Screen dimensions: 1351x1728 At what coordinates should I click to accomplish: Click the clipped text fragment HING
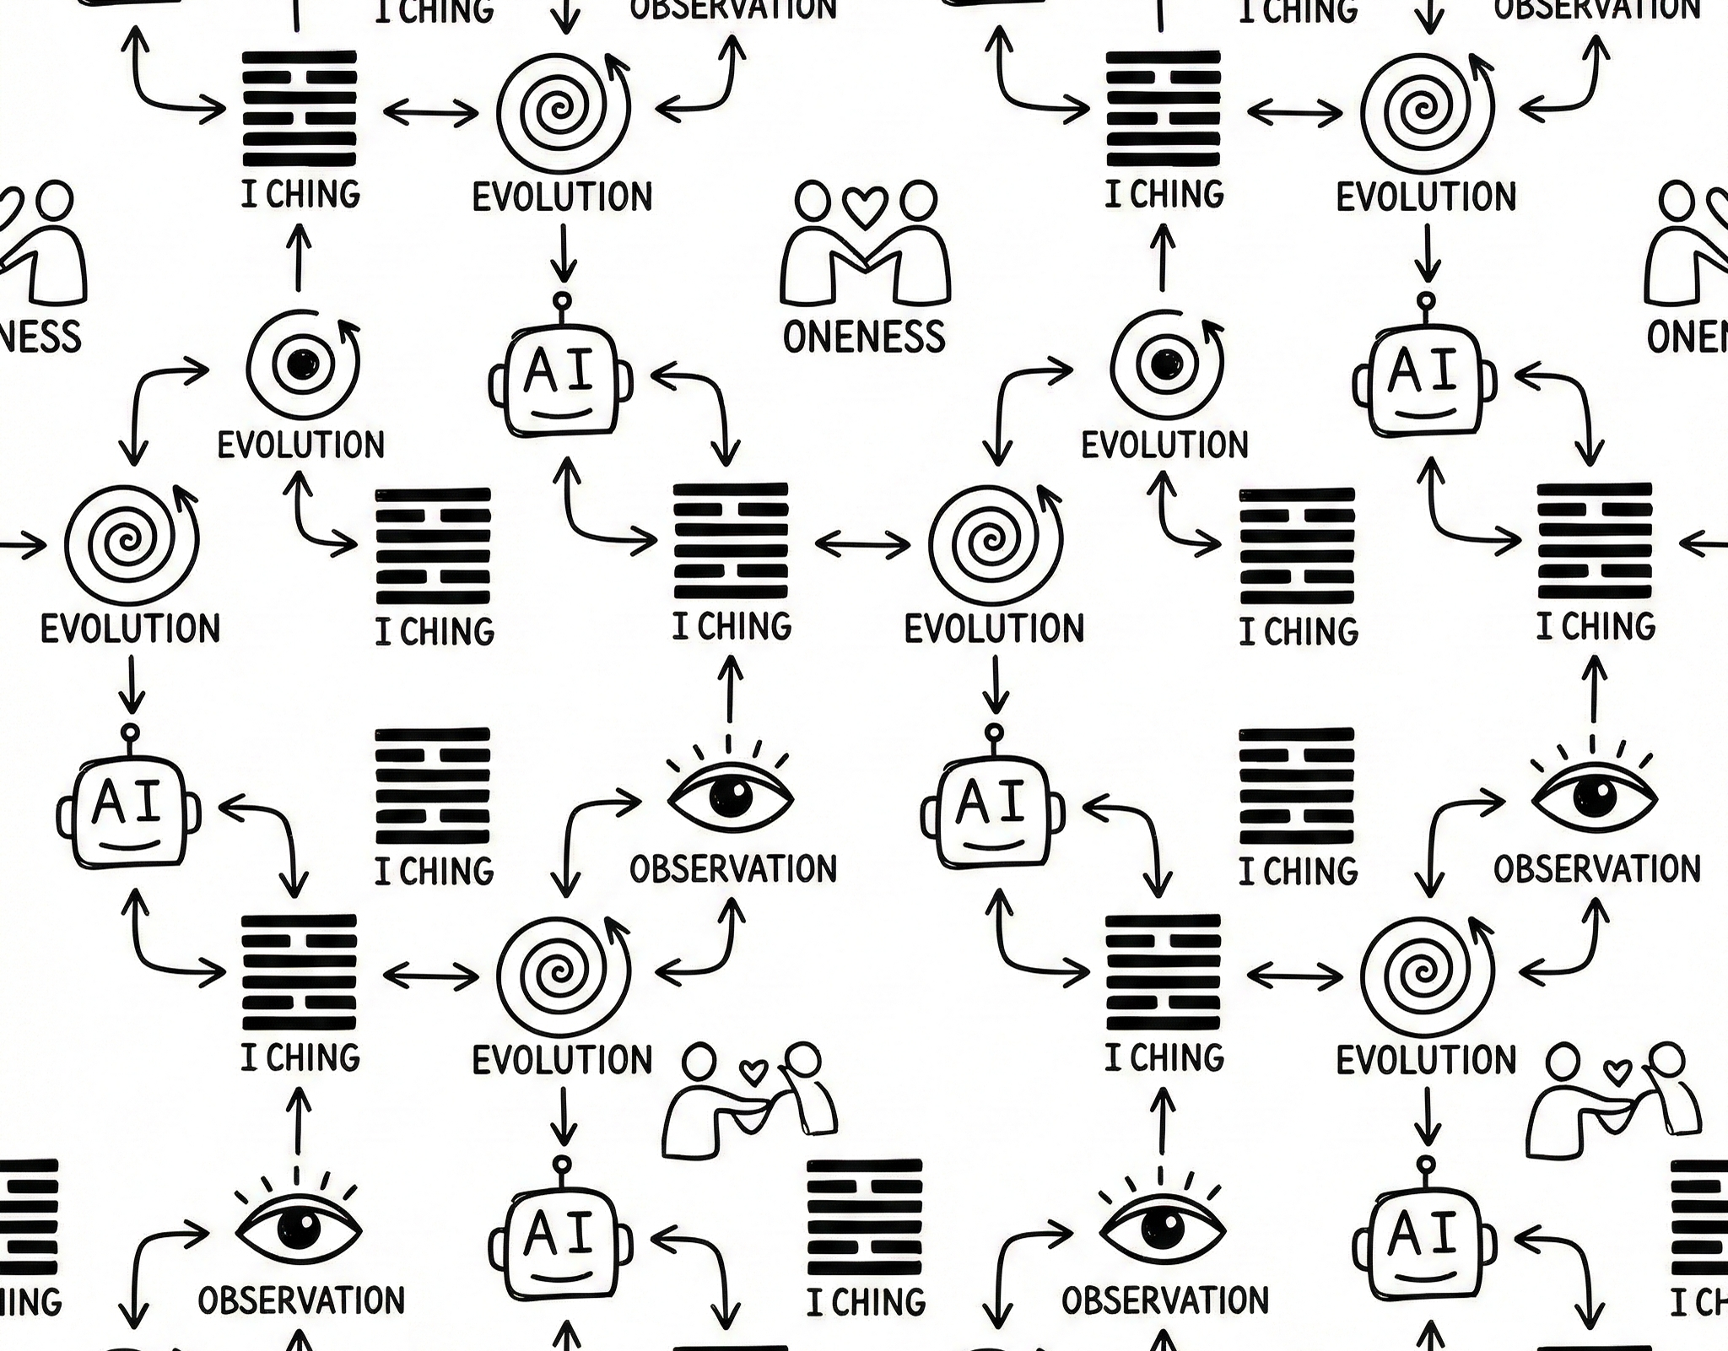(x=30, y=1302)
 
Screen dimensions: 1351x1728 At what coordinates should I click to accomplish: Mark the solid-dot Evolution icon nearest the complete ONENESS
(x=1165, y=365)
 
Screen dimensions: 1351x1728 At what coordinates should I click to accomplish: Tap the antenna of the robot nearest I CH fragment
(x=1426, y=1165)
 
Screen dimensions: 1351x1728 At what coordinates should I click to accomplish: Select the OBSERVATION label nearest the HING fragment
(x=301, y=1300)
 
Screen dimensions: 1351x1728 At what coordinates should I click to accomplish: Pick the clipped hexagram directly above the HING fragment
(x=29, y=1216)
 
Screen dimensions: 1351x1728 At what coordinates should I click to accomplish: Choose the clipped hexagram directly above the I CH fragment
(x=1701, y=1216)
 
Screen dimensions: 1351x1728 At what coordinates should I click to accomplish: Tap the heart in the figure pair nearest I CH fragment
(x=1617, y=1073)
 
